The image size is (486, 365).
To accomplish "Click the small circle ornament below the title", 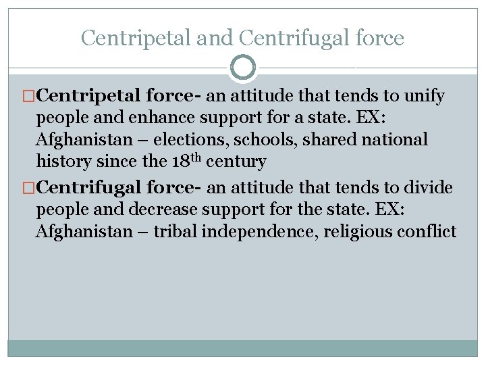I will tap(243, 68).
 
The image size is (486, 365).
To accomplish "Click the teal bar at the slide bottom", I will tap(243, 347).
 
